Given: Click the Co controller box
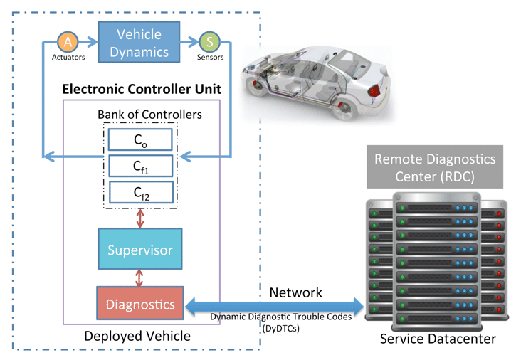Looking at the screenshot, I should point(141,140).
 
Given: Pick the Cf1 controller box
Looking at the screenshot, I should point(141,166).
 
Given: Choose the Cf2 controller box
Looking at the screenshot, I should point(141,191).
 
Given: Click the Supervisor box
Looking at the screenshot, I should point(140,250).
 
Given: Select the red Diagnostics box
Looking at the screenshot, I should point(140,305).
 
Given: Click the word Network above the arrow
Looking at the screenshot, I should point(295,292).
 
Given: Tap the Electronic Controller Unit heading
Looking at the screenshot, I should point(142,90).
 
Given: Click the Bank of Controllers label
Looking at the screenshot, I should point(149,114).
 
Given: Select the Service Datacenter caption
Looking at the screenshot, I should point(436,339).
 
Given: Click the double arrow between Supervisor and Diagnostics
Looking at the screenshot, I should point(140,277).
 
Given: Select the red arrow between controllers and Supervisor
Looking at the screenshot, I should point(140,218).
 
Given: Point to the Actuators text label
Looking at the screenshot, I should point(68,58).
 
